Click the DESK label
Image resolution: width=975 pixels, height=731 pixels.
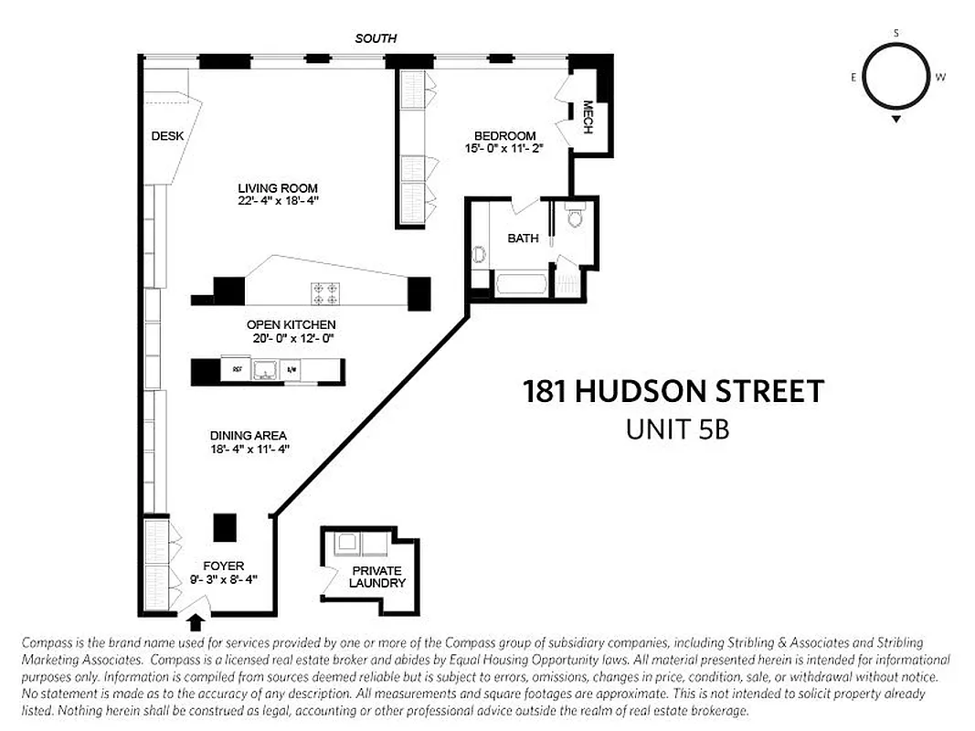pos(167,136)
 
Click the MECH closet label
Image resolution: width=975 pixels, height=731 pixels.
pos(588,117)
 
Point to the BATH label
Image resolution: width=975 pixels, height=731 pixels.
pos(523,238)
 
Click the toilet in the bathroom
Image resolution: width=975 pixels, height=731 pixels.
pos(574,217)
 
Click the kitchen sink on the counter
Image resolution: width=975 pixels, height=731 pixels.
pos(266,370)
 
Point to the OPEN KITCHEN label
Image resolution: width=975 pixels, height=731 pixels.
pos(291,324)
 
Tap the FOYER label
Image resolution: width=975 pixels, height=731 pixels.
pos(224,567)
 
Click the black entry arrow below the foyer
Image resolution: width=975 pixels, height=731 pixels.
pos(195,623)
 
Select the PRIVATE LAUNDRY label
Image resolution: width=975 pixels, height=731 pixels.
pos(376,577)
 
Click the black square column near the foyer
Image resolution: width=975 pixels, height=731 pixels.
pos(225,527)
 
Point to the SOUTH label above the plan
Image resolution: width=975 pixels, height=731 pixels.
pos(376,38)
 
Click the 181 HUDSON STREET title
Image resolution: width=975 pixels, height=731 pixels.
pos(673,392)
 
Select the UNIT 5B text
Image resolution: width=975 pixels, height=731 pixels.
pos(677,429)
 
